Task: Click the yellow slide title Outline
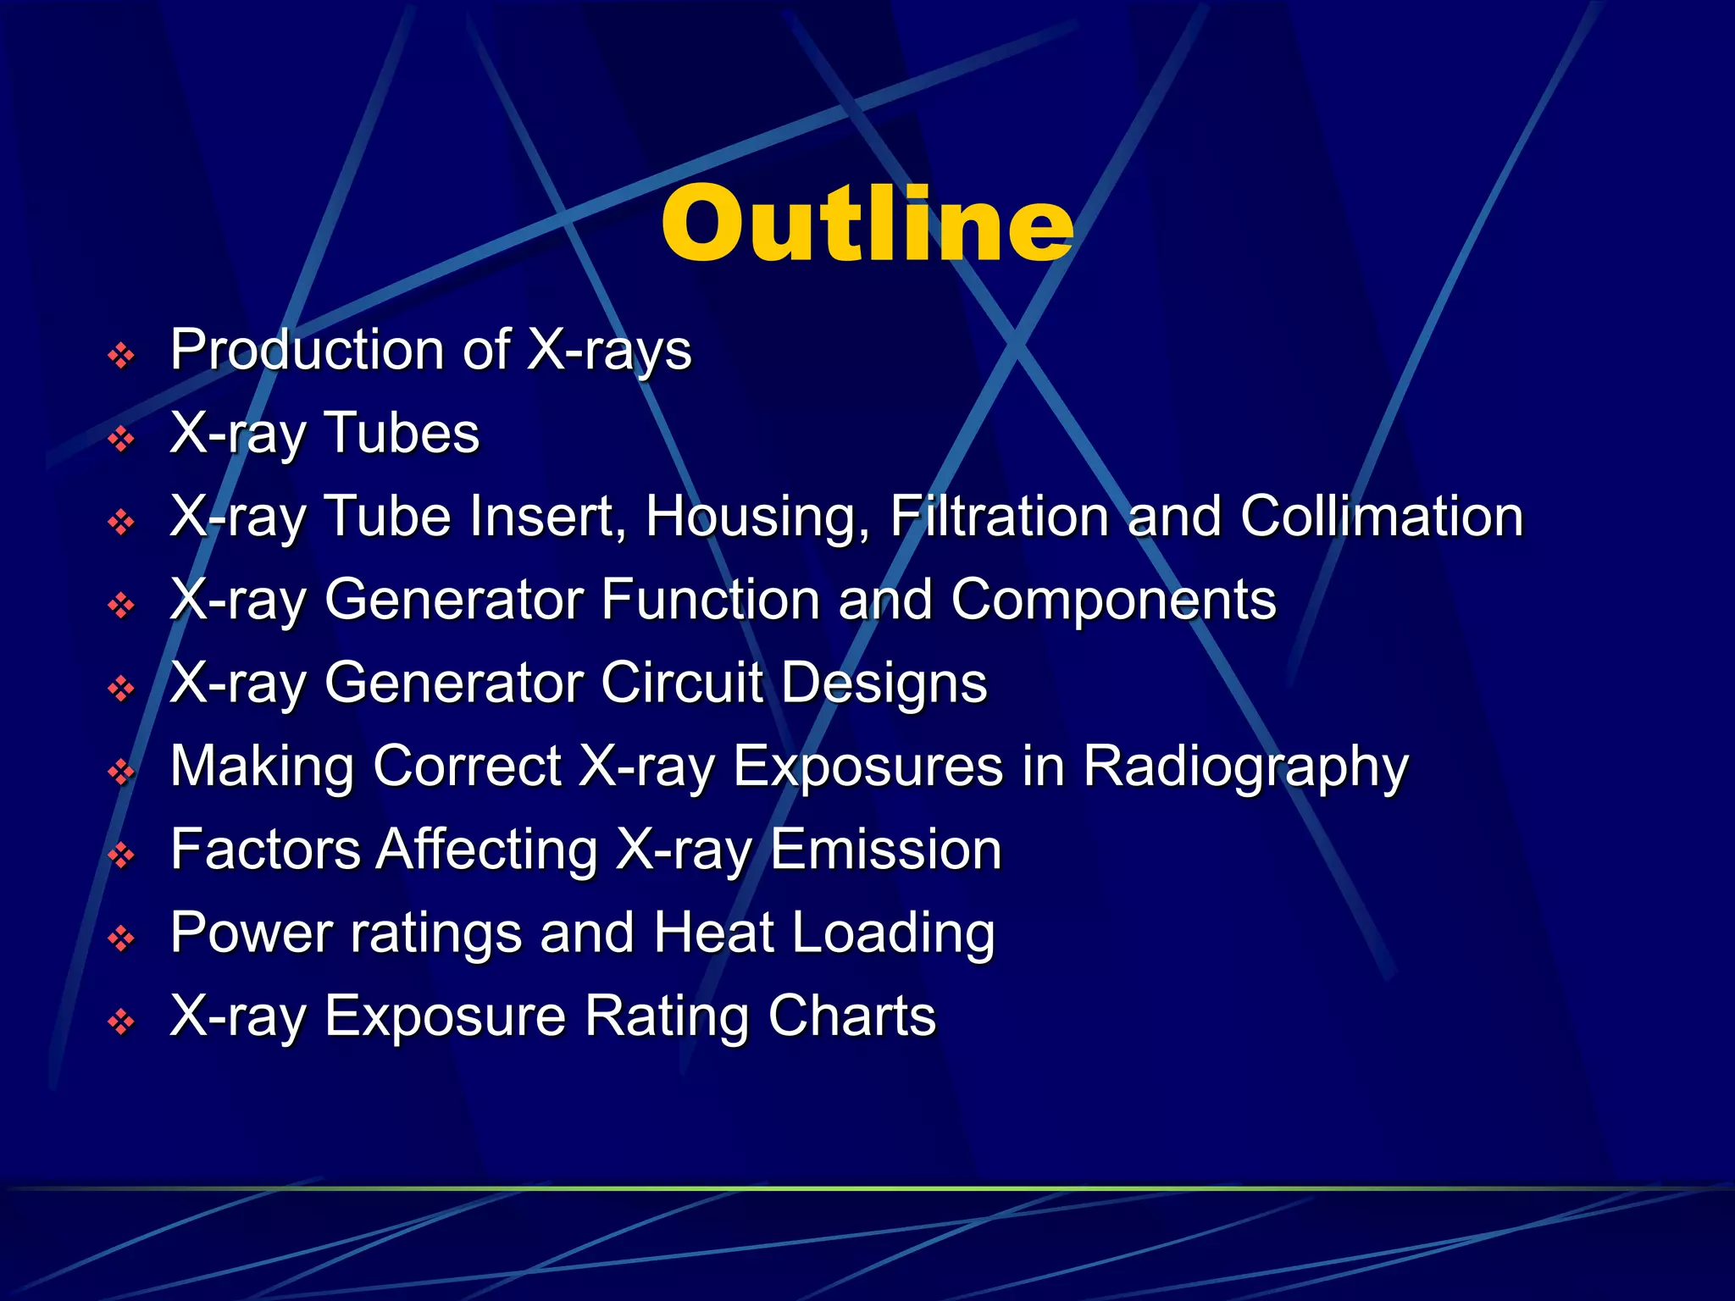(867, 224)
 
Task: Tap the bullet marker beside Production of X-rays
(122, 356)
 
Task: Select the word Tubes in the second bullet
(402, 433)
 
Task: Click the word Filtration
(1000, 516)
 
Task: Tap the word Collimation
(1382, 516)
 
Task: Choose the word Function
(711, 599)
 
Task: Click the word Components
(1113, 601)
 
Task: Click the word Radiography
(1245, 767)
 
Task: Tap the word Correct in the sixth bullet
(467, 766)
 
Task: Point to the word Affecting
(487, 850)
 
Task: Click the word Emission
(886, 849)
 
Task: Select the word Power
(252, 932)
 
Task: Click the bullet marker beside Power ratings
(122, 938)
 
